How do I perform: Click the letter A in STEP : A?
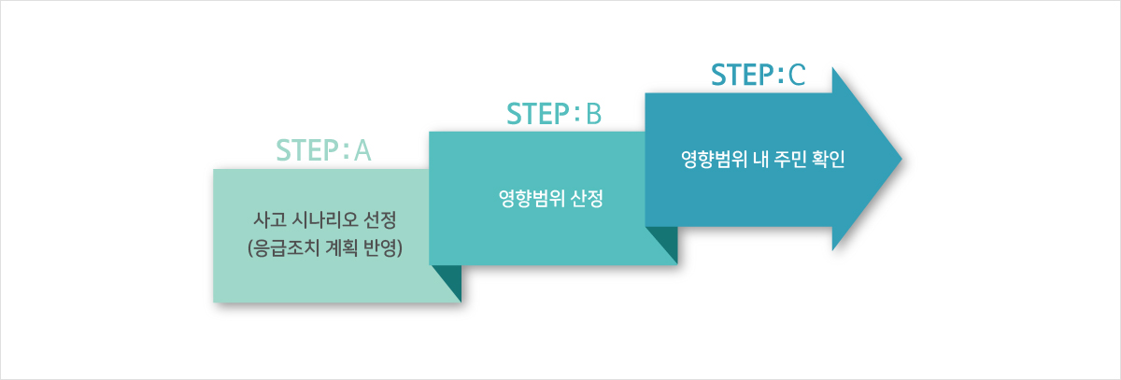362,150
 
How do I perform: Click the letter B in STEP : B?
593,114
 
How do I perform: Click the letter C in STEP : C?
797,75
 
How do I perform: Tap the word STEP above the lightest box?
307,150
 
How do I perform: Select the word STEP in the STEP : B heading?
538,114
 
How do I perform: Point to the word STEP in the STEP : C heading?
743,75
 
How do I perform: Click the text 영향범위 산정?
551,199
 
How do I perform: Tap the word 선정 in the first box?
380,219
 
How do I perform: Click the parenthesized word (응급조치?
284,248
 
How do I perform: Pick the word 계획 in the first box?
342,248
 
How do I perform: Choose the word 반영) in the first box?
383,248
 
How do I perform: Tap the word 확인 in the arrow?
829,160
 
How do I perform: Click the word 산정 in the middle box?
587,199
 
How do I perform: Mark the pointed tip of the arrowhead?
901,159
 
